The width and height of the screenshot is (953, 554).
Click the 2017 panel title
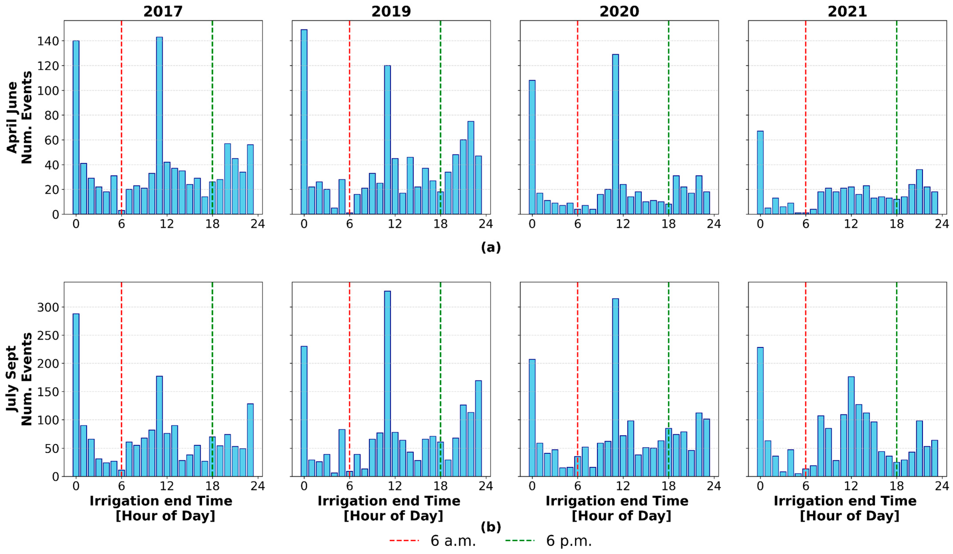[x=163, y=11]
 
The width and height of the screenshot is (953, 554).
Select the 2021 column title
[x=847, y=11]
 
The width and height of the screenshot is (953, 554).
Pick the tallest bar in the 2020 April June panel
[x=615, y=134]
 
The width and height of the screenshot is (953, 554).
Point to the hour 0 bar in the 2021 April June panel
[x=760, y=173]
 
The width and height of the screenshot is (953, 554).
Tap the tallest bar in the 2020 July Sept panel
[x=615, y=387]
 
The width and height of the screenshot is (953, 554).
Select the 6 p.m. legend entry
[x=548, y=541]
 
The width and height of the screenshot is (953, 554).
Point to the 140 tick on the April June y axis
[x=48, y=41]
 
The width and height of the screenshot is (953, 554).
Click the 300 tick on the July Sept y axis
[x=48, y=307]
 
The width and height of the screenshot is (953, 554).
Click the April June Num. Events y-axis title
[x=20, y=117]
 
